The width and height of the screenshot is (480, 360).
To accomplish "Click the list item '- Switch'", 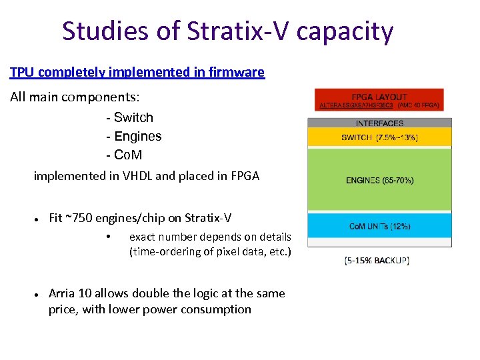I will pos(129,118).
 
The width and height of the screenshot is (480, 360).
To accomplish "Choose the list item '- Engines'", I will pos(133,137).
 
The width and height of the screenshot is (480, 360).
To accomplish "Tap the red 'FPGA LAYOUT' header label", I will pos(379,97).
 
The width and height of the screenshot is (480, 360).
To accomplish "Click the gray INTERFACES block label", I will pos(379,123).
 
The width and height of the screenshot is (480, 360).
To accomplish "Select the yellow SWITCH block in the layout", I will pos(379,137).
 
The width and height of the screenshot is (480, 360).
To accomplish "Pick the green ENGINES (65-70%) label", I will pos(379,180).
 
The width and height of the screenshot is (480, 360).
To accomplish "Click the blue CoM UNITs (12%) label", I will pos(379,227).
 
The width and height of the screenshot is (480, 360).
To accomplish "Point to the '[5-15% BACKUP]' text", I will pos(377,261).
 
